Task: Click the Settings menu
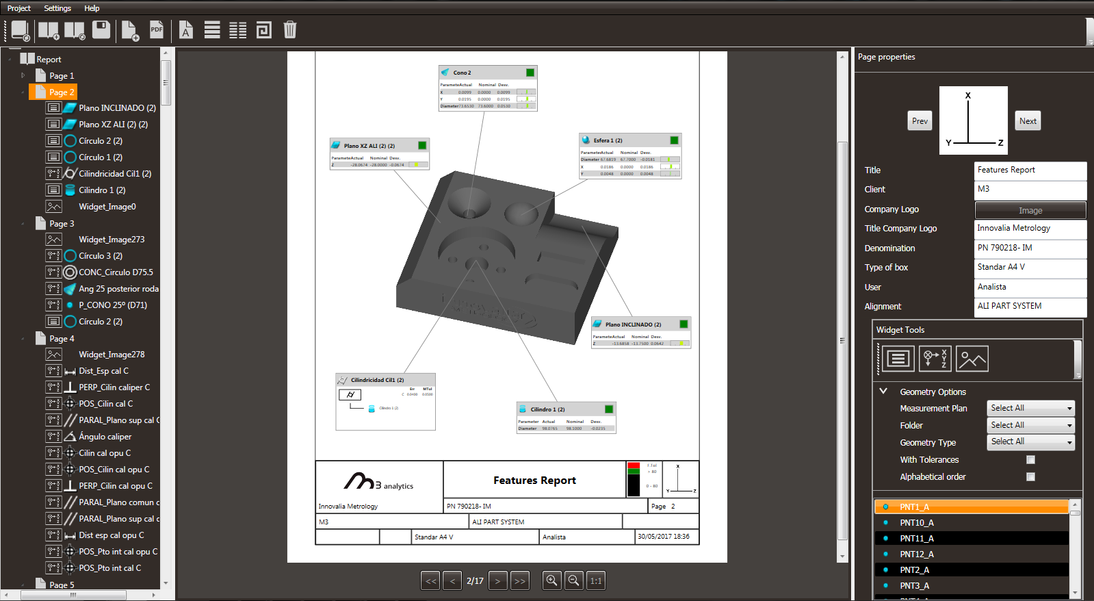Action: click(57, 8)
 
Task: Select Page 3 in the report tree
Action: click(62, 224)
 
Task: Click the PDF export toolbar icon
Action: click(157, 29)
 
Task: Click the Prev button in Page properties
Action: click(920, 121)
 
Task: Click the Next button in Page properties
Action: click(1028, 121)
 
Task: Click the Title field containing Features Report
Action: click(1030, 170)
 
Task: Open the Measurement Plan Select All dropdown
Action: click(1031, 408)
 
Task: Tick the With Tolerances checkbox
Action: click(1030, 460)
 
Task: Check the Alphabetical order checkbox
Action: click(1030, 477)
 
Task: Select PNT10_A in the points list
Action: click(917, 523)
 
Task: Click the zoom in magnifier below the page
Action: click(551, 580)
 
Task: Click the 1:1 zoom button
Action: click(596, 581)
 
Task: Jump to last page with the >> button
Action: click(520, 581)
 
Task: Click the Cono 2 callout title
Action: click(463, 73)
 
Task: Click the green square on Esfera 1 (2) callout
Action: click(674, 140)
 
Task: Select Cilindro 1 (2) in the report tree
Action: click(102, 190)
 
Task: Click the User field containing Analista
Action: click(1030, 287)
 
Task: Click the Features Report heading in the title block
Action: click(534, 481)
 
